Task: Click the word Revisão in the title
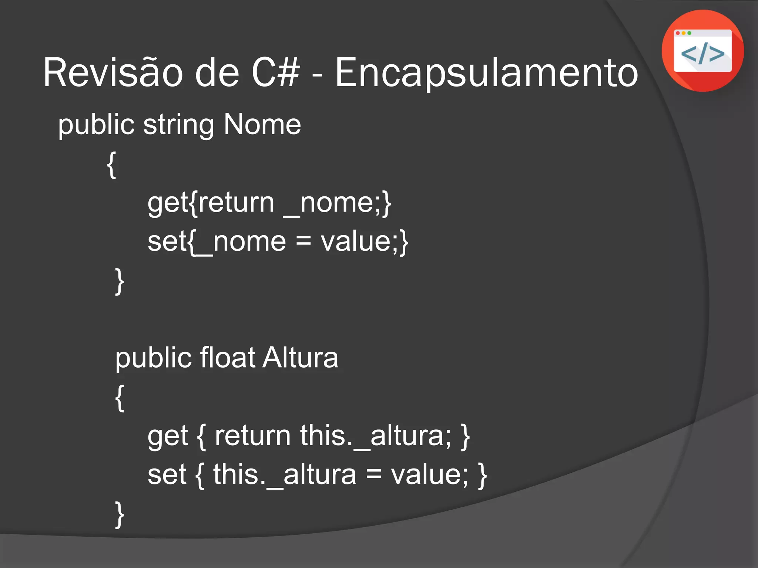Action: (113, 72)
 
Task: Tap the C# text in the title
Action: (275, 72)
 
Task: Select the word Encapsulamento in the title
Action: (486, 72)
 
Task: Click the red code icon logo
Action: (702, 51)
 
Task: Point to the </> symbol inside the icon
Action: (702, 54)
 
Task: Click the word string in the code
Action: (178, 125)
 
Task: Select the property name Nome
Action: (262, 124)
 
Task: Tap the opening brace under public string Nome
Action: (111, 165)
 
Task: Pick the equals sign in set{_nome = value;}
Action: (303, 242)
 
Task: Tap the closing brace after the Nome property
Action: (119, 281)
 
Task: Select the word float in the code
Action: (227, 358)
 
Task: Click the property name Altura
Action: (300, 358)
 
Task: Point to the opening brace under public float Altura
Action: (119, 398)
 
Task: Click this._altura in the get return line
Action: (375, 436)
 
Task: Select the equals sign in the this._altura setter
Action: (373, 475)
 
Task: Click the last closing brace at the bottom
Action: (119, 514)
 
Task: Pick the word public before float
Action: (153, 358)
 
